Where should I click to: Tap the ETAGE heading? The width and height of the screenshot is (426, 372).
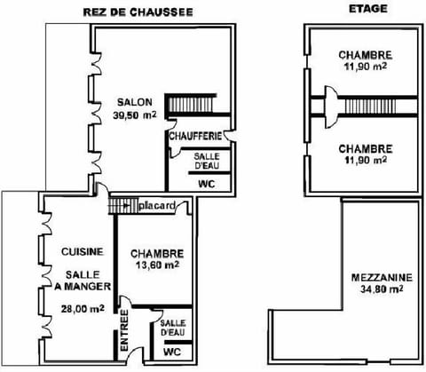364,10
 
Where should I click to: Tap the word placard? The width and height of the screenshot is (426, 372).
157,206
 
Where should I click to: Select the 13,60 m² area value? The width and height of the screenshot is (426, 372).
156,265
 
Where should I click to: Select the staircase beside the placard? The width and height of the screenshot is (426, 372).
122,205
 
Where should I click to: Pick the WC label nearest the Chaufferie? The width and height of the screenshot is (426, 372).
206,184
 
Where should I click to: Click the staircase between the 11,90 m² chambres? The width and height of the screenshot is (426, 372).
364,106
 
